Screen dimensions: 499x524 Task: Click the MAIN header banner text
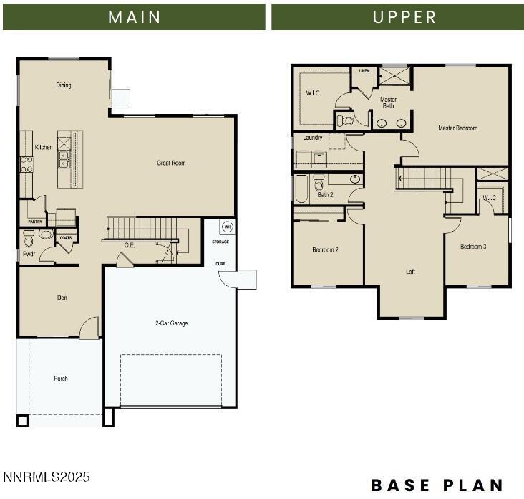134,17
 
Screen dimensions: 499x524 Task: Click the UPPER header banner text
404,17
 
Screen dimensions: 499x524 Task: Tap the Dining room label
64,85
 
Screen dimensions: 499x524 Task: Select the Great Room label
171,163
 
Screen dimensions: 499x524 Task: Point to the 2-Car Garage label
172,323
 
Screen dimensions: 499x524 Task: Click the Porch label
61,379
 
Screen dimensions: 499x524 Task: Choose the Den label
62,298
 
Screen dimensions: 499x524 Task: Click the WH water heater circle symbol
228,227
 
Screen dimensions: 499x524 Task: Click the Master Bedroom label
457,128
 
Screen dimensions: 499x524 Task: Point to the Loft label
410,272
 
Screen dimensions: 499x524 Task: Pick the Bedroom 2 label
325,250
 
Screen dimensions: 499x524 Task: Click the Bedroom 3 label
473,247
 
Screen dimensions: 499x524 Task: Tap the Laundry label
312,138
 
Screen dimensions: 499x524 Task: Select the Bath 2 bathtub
301,189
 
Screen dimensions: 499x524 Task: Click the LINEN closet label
364,71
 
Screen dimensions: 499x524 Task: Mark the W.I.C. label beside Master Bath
314,92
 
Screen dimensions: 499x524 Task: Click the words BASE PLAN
437,485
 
